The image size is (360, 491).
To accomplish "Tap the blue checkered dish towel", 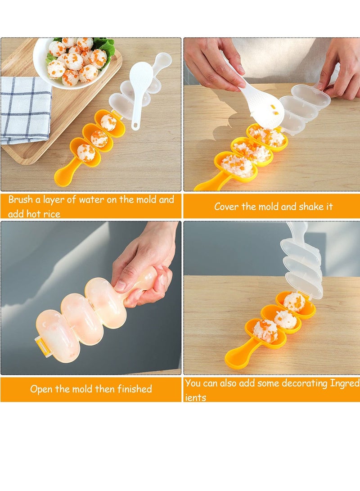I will (x=25, y=110).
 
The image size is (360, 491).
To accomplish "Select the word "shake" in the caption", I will (x=310, y=207).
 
